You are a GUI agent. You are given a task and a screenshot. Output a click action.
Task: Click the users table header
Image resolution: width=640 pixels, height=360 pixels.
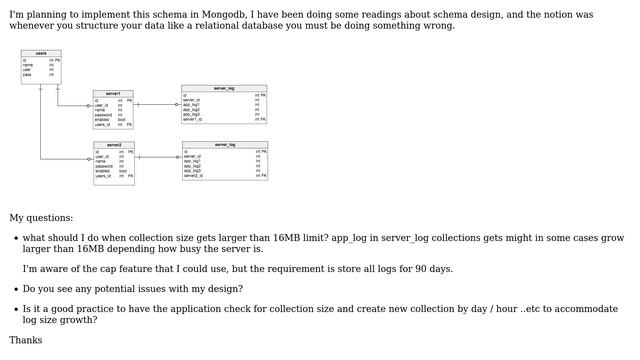[x=40, y=53]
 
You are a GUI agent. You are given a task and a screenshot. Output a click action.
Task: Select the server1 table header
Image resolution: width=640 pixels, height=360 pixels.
[x=113, y=93]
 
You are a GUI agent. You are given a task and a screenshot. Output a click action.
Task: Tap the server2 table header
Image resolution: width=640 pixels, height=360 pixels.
[x=113, y=145]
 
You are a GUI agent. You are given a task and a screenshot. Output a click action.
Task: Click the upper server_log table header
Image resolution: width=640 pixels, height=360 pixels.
[x=224, y=88]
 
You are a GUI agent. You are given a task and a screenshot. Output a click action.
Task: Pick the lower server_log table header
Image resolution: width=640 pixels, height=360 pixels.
[x=225, y=145]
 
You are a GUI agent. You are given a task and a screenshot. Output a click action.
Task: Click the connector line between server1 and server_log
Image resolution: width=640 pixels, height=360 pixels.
[x=157, y=104]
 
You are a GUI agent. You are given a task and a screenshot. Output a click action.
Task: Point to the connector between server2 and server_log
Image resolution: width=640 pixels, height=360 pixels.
[x=158, y=157]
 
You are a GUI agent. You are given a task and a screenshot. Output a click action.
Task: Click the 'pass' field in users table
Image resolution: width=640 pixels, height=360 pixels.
[x=28, y=75]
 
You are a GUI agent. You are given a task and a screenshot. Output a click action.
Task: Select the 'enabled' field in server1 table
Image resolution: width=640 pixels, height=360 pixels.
[x=103, y=119]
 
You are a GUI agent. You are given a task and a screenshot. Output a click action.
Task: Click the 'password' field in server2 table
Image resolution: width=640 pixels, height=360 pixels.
[x=103, y=166]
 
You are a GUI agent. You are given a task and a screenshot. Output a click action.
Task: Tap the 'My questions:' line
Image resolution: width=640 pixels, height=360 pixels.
[x=41, y=217]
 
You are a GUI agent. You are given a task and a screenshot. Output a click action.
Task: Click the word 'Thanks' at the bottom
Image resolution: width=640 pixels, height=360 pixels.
[x=26, y=340]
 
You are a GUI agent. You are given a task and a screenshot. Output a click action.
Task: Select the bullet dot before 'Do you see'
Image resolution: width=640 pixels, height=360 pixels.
[x=14, y=290]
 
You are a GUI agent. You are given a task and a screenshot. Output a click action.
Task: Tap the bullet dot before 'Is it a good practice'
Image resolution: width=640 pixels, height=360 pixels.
[x=14, y=310]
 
